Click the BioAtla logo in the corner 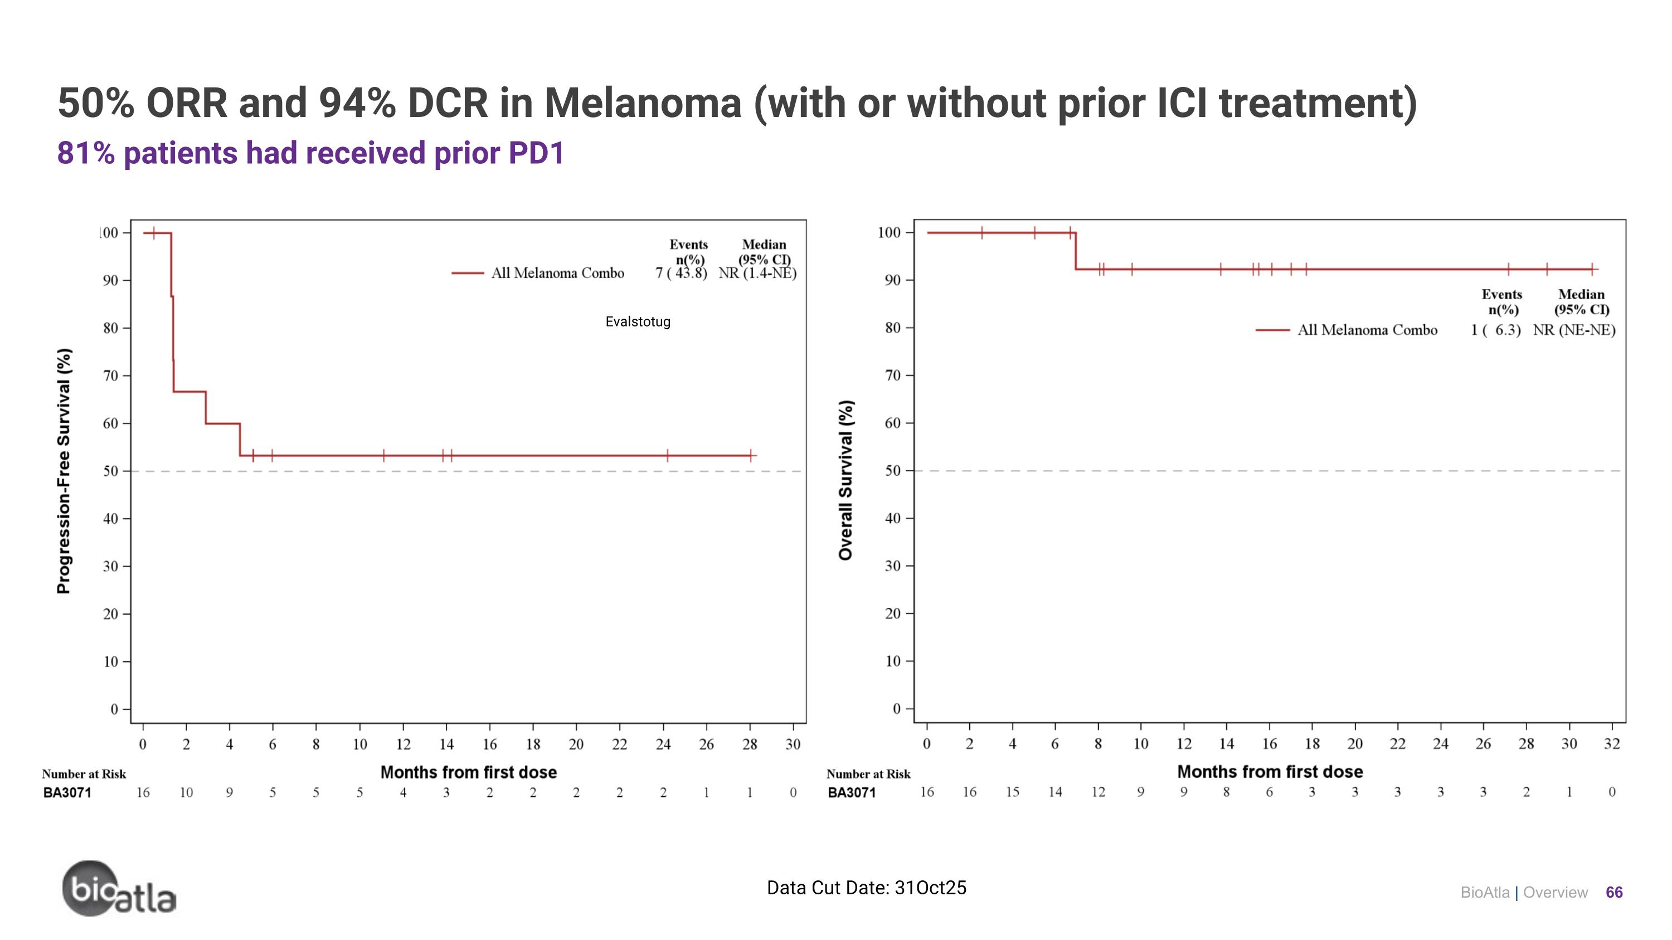pyautogui.click(x=119, y=889)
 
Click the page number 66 pyautogui.click(x=1613, y=893)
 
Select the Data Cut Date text pyautogui.click(x=866, y=888)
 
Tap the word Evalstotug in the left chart pyautogui.click(x=638, y=322)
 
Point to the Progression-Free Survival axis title pyautogui.click(x=64, y=471)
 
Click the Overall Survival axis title pyautogui.click(x=845, y=480)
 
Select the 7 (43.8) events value pyautogui.click(x=681, y=273)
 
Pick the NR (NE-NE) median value pyautogui.click(x=1574, y=330)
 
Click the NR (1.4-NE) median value pyautogui.click(x=757, y=273)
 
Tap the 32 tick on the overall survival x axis pyautogui.click(x=1612, y=744)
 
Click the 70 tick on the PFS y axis pyautogui.click(x=110, y=376)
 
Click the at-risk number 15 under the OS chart pyautogui.click(x=1012, y=792)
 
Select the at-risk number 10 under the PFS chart pyautogui.click(x=186, y=793)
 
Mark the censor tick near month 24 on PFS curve pyautogui.click(x=667, y=455)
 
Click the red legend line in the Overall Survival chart pyautogui.click(x=1272, y=330)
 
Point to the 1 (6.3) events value pyautogui.click(x=1495, y=330)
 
